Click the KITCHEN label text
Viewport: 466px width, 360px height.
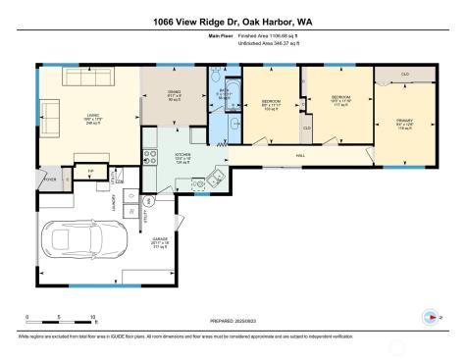pyautogui.click(x=182, y=155)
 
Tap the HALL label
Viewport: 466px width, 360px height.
pyautogui.click(x=299, y=156)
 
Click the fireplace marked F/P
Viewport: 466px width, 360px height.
pyautogui.click(x=90, y=171)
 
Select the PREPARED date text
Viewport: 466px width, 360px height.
pyautogui.click(x=233, y=319)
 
